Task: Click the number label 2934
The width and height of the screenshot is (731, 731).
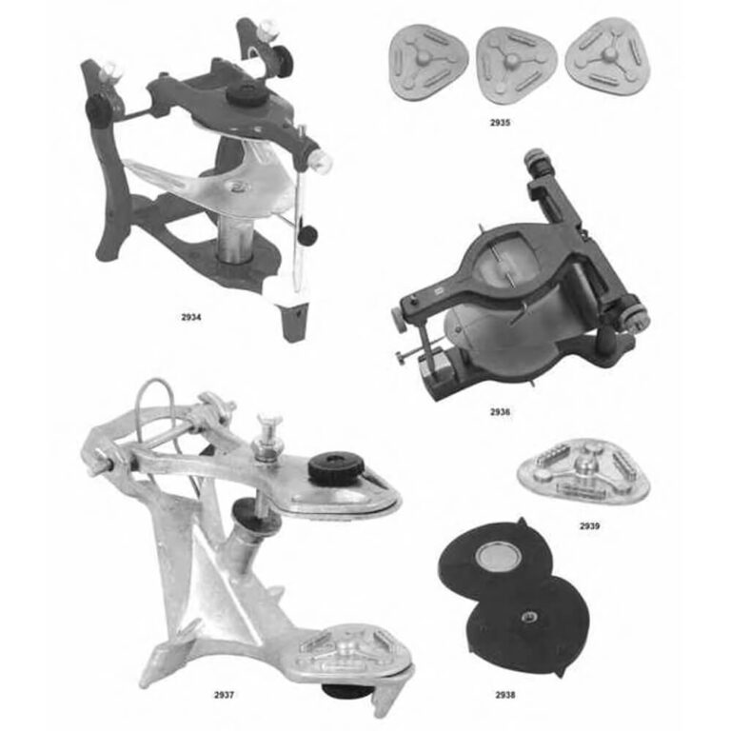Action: (191, 318)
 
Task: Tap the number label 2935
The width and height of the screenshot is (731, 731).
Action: (500, 123)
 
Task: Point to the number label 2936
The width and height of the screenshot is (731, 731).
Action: (500, 411)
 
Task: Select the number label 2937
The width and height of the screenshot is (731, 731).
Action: (224, 695)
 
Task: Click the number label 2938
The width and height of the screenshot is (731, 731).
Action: (505, 695)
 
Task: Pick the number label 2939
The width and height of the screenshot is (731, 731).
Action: (589, 526)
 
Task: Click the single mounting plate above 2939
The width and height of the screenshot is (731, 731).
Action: (583, 471)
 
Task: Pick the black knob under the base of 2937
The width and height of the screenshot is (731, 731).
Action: (345, 690)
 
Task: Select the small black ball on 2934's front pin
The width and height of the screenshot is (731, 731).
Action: (307, 234)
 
